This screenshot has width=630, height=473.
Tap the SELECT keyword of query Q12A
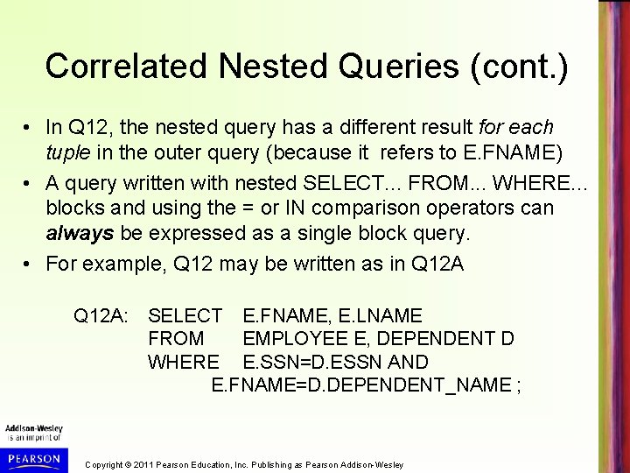tap(185, 314)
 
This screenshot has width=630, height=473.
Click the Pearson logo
tap(31, 458)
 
